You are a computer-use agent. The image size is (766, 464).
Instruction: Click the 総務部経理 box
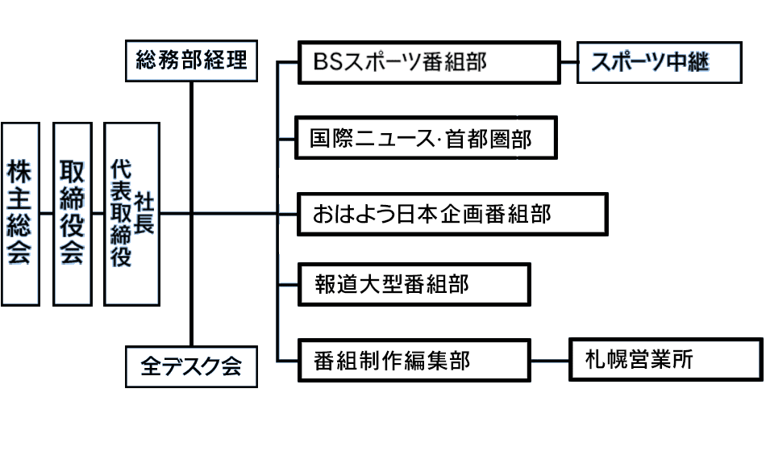pos(191,61)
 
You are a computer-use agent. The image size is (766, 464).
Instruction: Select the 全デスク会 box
pos(191,367)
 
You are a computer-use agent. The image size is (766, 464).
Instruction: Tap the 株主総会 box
pos(19,213)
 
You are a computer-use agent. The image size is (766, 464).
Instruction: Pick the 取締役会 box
pos(72,213)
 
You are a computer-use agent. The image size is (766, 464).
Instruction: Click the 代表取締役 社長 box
pos(132,213)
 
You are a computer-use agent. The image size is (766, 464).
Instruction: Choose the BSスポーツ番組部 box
pos(429,62)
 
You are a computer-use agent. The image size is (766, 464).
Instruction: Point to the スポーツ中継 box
pos(659,62)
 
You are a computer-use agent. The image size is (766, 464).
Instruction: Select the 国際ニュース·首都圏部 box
pos(427,138)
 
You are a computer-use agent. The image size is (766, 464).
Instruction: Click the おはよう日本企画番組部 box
pos(452,214)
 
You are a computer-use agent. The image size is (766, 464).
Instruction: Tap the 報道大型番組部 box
pos(414,283)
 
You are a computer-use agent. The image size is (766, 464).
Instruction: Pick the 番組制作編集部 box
pos(414,360)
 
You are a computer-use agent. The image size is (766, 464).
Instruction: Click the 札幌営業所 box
pos(664,360)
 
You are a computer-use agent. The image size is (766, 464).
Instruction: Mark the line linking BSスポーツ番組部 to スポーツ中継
pos(568,62)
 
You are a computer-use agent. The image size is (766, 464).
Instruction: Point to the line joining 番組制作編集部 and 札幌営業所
pos(550,360)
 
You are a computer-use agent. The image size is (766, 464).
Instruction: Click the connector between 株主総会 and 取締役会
pos(46,213)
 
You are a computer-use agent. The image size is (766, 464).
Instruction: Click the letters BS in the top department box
pos(328,62)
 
